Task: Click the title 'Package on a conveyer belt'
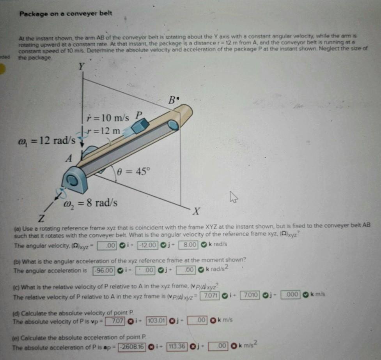coord(66,14)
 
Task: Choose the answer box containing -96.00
coord(104,270)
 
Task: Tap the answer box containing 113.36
coord(177,346)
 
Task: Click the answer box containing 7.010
coord(250,295)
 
